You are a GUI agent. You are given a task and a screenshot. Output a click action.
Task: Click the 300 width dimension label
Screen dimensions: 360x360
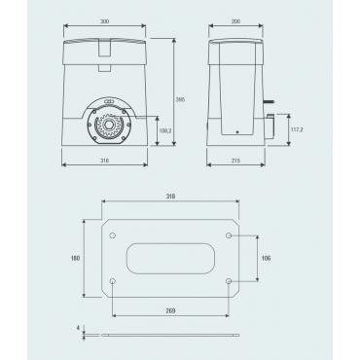[x=104, y=21]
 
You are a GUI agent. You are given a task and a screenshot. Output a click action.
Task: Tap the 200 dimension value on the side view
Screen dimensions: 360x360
[x=235, y=21]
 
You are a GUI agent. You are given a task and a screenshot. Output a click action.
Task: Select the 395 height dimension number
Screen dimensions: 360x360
[x=180, y=100]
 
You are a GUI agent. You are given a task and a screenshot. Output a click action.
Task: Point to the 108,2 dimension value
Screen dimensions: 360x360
[x=165, y=131]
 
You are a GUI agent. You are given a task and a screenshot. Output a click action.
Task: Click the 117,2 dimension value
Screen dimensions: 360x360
[x=297, y=129]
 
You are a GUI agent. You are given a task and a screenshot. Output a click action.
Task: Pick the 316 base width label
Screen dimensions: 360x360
[x=104, y=161]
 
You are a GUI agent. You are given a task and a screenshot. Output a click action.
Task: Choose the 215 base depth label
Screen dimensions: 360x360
[x=235, y=161]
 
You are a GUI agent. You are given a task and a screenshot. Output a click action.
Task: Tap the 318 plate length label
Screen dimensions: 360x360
[x=170, y=197]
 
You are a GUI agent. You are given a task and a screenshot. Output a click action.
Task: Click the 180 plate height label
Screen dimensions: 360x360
[x=75, y=258]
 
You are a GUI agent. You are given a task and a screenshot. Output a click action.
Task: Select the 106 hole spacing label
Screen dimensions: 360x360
[x=266, y=258]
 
